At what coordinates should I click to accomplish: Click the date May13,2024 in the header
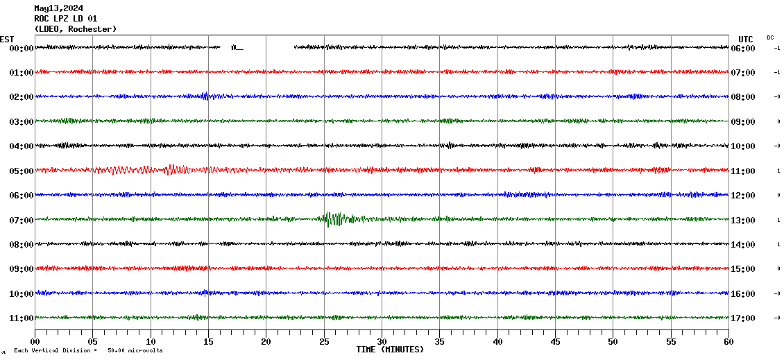tap(63, 8)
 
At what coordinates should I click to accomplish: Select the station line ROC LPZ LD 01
tap(66, 19)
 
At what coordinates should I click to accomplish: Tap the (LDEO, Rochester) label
tap(76, 29)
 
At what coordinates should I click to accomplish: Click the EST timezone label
tap(7, 39)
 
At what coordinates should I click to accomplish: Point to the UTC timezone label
tap(746, 39)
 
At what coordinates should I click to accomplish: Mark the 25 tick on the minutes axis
tap(324, 341)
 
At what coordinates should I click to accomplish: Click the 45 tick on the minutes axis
tap(555, 341)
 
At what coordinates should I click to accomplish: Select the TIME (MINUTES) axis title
tap(390, 350)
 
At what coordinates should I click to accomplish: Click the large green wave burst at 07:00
tap(334, 219)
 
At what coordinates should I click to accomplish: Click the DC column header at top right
tap(770, 37)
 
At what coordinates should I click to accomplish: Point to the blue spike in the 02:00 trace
tap(205, 96)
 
